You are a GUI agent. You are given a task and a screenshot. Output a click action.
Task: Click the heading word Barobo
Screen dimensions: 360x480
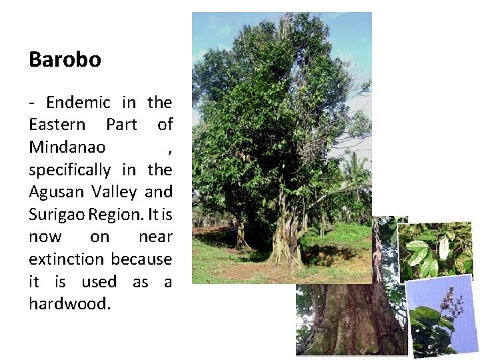pos(65,60)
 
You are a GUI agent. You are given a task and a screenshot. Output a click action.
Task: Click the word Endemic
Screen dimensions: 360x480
pos(78,103)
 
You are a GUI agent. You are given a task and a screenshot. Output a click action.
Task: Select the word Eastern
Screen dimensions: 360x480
pos(57,125)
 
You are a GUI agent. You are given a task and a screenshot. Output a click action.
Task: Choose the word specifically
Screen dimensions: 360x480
pos(71,170)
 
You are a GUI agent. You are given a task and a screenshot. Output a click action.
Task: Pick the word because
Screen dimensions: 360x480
pos(141,259)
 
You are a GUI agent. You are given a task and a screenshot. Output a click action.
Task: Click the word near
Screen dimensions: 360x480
pos(155,237)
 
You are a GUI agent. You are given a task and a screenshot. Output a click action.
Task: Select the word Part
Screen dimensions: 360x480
pos(121,125)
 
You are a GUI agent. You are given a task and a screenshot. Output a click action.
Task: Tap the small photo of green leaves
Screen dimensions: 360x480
pos(435,250)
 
